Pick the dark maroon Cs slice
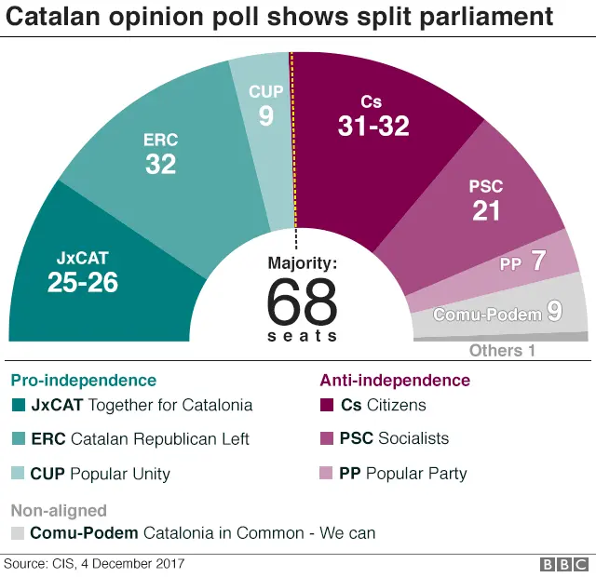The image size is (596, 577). pyautogui.click(x=372, y=121)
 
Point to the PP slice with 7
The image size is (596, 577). pyautogui.click(x=526, y=262)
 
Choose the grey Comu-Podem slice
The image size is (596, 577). pyautogui.click(x=498, y=315)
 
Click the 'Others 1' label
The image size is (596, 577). pyautogui.click(x=502, y=351)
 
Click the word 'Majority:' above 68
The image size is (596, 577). pyautogui.click(x=302, y=263)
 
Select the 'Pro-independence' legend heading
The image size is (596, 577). pyautogui.click(x=83, y=381)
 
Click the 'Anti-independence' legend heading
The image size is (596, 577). pyautogui.click(x=395, y=381)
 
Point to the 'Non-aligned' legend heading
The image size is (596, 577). pyautogui.click(x=58, y=511)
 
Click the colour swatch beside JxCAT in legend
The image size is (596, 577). pyautogui.click(x=19, y=405)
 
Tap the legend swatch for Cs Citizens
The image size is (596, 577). pyautogui.click(x=327, y=405)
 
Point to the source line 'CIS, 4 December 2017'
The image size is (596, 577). pyautogui.click(x=94, y=564)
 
